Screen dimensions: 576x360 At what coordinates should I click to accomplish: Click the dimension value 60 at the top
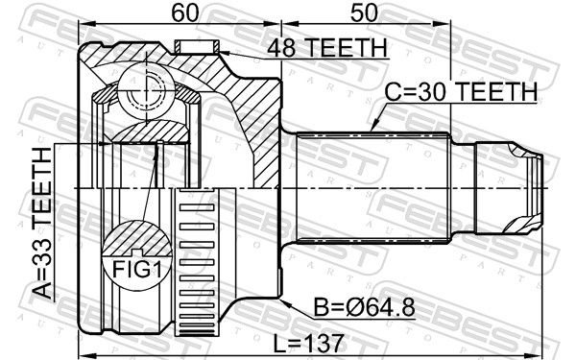pyautogui.click(x=184, y=12)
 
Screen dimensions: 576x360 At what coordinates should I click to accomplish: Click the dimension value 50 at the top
pyautogui.click(x=364, y=12)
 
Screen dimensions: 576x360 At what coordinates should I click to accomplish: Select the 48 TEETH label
pyautogui.click(x=327, y=48)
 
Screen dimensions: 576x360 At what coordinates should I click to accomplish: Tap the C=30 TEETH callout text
pyautogui.click(x=461, y=91)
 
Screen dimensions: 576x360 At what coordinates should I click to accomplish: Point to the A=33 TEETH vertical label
pyautogui.click(x=42, y=223)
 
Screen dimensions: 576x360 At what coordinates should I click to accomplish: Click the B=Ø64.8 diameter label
pyautogui.click(x=364, y=307)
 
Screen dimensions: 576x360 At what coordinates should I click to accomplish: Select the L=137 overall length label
pyautogui.click(x=308, y=344)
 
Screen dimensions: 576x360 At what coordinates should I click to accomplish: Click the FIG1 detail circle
pyautogui.click(x=137, y=255)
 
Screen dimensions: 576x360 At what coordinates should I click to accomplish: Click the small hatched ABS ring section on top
pyautogui.click(x=197, y=47)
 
